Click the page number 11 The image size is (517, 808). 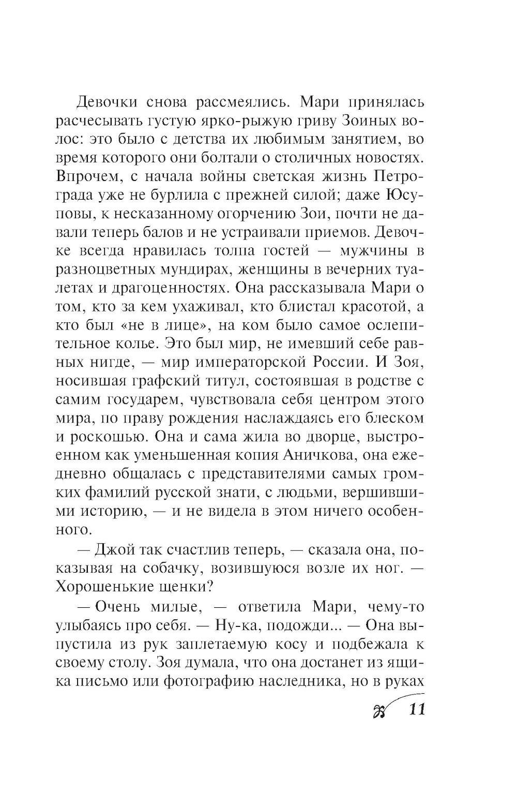(x=416, y=708)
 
